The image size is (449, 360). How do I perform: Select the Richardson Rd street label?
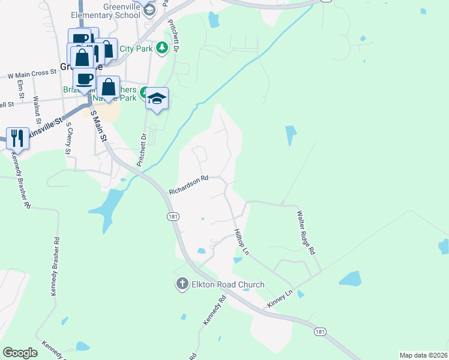coord(188,185)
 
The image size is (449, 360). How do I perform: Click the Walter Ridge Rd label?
coord(306,232)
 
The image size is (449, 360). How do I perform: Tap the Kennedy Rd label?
coord(214,311)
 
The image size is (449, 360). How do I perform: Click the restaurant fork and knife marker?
coord(16,139)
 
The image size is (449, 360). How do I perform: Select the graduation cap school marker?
coord(157,99)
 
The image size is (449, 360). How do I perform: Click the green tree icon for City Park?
coord(161,47)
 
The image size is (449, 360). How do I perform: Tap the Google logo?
coord(20,353)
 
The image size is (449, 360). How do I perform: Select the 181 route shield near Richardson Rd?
coord(173,217)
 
